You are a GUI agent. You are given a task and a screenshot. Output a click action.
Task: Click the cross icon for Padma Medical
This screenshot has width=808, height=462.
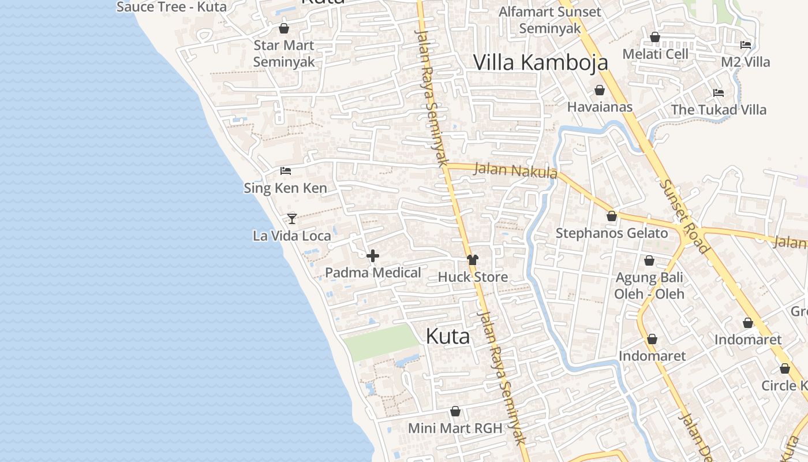373,256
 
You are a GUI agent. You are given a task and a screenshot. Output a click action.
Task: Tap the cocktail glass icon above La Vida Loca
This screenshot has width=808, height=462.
292,218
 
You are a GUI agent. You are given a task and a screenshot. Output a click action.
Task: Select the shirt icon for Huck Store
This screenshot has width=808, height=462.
473,260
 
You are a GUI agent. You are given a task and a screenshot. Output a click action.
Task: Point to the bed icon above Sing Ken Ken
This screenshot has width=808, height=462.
285,171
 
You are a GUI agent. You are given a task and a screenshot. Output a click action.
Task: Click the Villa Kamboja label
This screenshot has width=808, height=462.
541,62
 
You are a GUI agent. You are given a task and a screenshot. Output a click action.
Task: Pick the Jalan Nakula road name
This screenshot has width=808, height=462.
515,171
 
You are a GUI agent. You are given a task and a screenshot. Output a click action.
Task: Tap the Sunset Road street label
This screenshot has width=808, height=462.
684,217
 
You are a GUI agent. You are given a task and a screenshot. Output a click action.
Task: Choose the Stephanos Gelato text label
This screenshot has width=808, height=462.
611,233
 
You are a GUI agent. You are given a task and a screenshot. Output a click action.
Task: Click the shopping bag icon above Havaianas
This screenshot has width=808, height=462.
600,90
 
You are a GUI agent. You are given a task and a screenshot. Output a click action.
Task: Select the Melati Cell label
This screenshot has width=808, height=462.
655,54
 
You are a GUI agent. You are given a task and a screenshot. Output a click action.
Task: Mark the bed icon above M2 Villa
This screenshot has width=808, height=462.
746,45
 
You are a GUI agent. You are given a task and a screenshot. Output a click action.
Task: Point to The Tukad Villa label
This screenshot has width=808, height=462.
719,110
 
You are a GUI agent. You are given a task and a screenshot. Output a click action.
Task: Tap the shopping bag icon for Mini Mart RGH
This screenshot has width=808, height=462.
455,411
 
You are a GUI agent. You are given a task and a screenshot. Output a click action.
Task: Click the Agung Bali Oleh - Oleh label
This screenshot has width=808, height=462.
649,285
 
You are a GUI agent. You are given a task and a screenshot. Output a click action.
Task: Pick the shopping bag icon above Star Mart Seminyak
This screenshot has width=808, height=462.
284,28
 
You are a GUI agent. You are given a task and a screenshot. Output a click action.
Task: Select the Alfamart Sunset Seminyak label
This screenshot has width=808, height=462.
549,20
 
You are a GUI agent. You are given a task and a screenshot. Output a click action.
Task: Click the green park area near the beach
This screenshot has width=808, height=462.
381,342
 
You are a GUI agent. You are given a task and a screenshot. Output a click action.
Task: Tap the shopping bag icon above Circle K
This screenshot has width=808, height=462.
785,368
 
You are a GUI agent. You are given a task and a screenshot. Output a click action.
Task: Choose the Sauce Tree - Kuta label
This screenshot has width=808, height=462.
171,7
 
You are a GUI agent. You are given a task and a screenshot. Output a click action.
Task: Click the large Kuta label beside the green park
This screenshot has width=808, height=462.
447,337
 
